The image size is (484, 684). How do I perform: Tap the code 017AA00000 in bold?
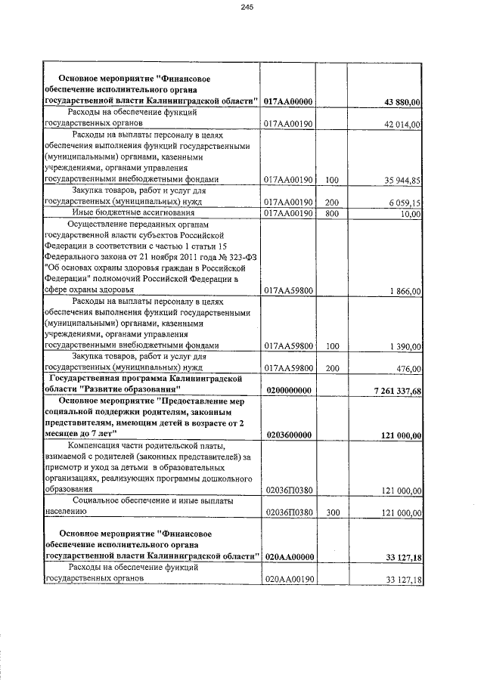289,102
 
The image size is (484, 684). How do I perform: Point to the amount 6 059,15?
402,203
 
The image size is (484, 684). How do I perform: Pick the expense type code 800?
330,214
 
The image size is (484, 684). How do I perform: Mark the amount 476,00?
408,369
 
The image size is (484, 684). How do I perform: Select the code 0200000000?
289,390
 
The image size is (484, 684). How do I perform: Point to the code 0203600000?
289,435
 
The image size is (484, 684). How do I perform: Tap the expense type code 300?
330,512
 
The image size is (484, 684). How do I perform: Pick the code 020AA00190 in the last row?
289,580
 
